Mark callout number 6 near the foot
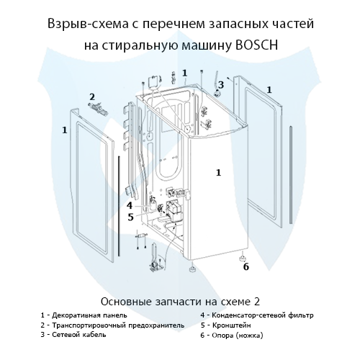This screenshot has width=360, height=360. [x=245, y=267]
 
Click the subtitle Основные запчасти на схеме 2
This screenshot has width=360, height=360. [x=180, y=300]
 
